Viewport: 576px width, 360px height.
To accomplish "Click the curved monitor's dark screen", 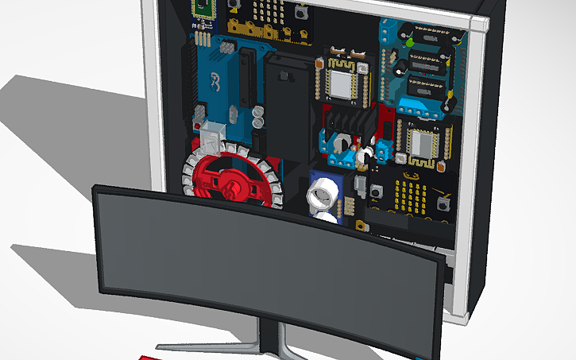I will click(x=262, y=262).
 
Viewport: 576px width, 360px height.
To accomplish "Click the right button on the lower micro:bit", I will click(x=444, y=204).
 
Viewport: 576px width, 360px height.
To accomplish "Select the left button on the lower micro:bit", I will click(x=375, y=192).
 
